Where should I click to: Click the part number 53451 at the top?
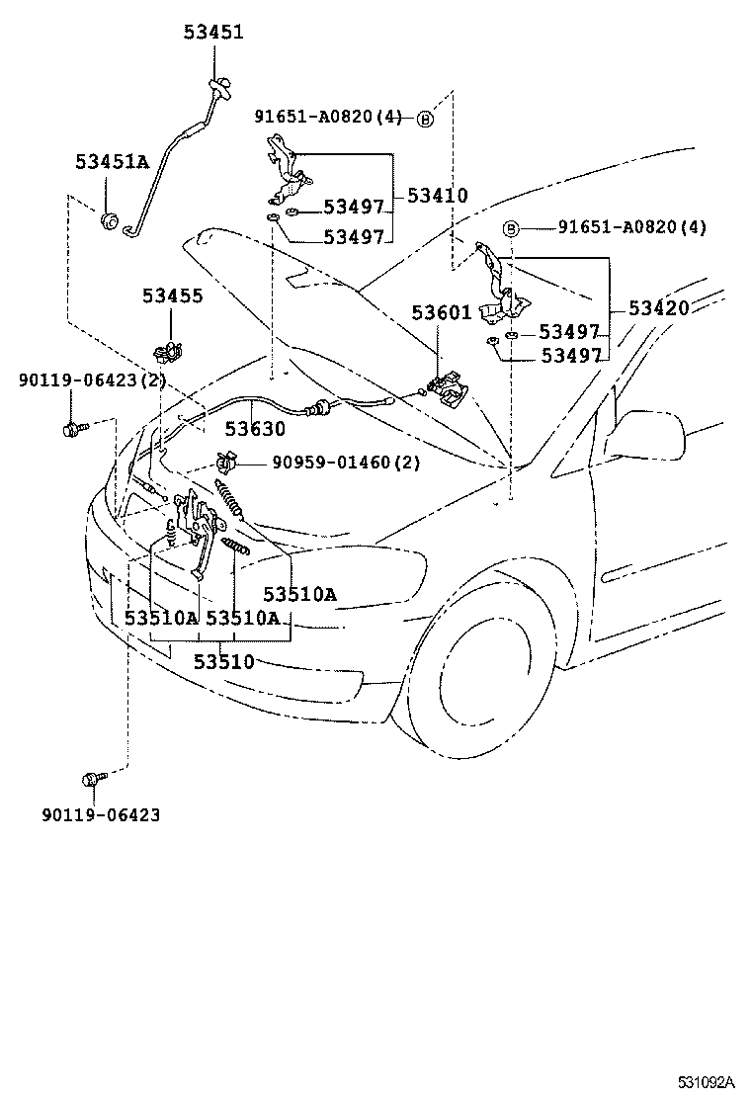pos(212,32)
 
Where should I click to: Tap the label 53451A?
pos(112,162)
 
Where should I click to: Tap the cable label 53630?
pos(254,428)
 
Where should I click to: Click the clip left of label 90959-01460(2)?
pos(226,461)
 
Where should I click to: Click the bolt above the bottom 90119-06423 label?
pos(94,779)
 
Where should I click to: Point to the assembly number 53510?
pos(223,661)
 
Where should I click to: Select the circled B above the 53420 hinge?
pos(511,228)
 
